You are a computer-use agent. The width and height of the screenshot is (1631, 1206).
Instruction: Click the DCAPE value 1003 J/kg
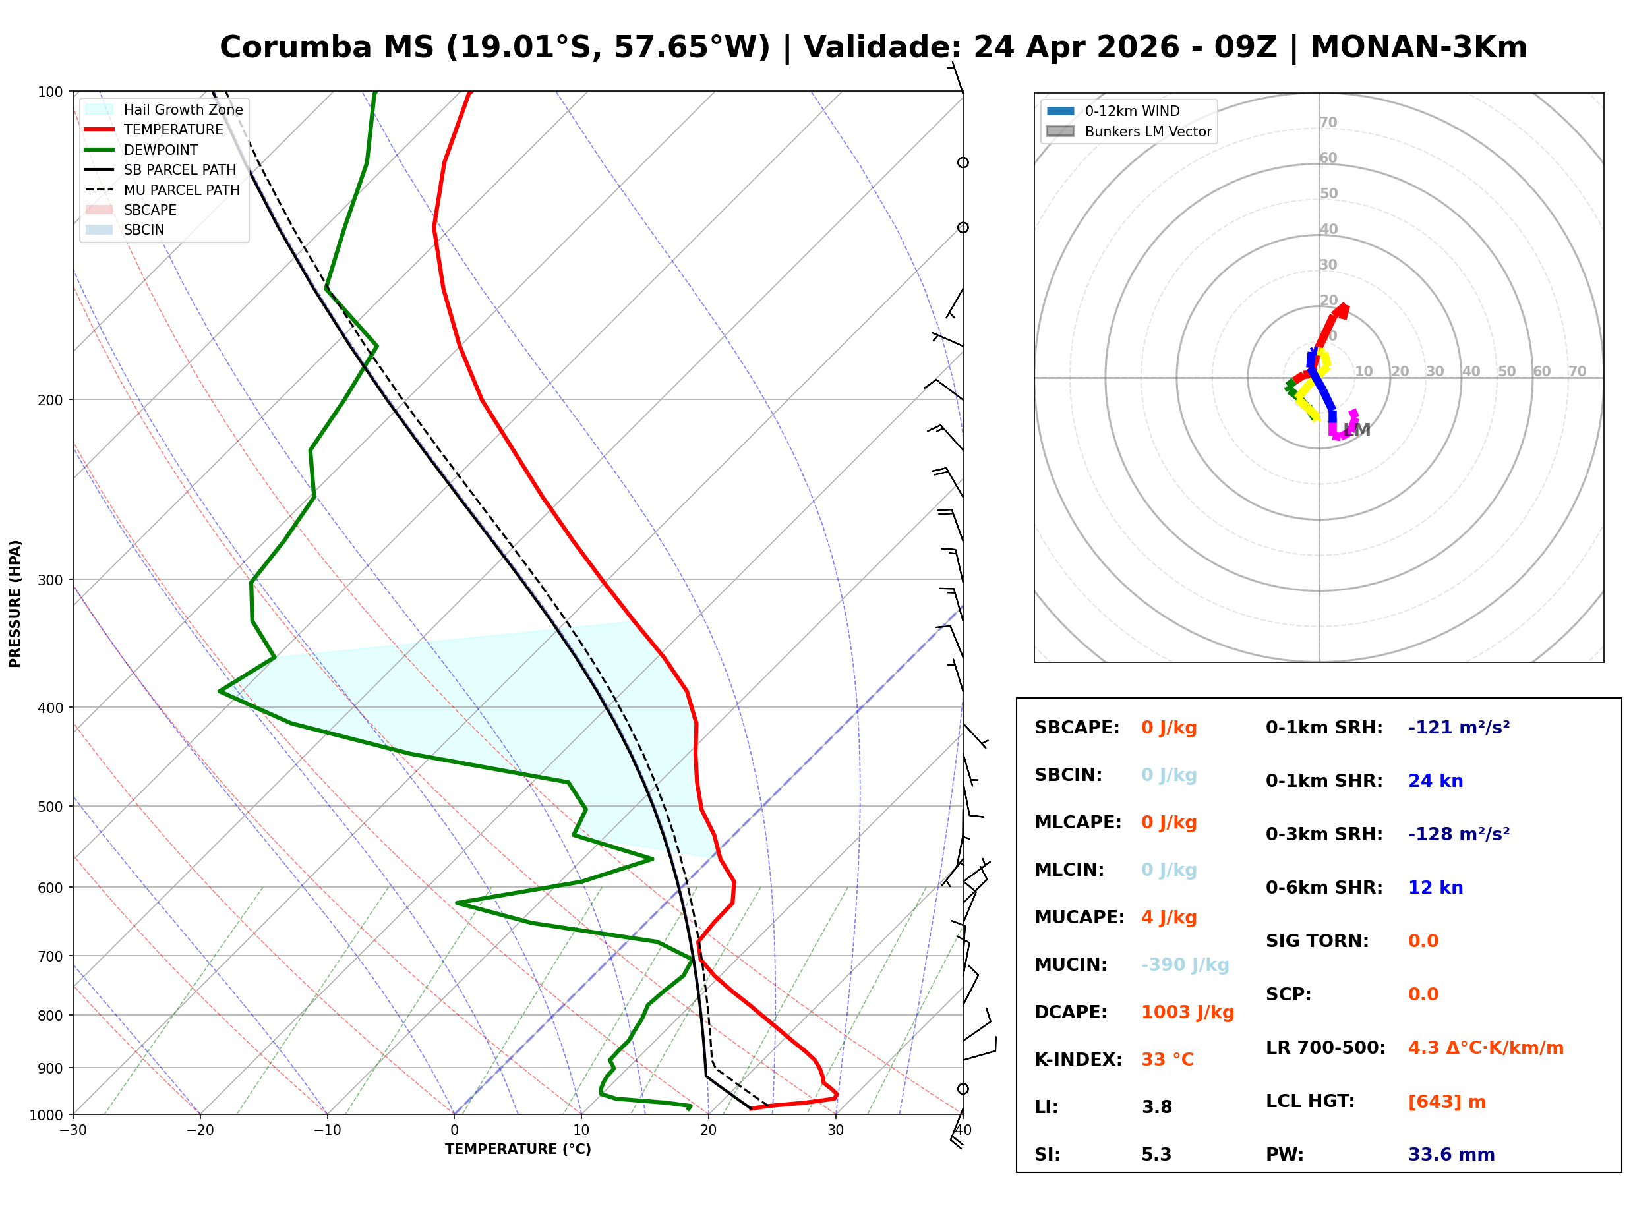pos(1187,1012)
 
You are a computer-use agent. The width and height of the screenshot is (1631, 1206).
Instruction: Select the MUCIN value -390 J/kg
pos(1184,965)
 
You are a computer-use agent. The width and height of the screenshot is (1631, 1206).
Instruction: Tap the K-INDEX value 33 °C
pos(1167,1060)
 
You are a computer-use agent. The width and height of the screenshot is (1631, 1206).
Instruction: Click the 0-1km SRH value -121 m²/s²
pos(1458,728)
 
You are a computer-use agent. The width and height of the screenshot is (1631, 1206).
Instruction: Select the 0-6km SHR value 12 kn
pos(1435,888)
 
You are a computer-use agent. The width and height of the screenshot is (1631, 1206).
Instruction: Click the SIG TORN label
pos(1317,941)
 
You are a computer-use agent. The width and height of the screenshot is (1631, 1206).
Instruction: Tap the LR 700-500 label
pos(1324,1048)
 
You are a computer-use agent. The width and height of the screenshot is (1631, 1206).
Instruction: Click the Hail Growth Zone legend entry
pos(183,109)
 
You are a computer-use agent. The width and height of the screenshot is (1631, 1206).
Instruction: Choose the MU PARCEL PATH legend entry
pos(181,190)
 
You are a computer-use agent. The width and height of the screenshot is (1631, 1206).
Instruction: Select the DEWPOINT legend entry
pos(161,150)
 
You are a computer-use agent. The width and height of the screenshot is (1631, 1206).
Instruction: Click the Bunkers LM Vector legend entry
pos(1147,131)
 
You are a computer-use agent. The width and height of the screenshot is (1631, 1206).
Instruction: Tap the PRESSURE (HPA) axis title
pos(15,604)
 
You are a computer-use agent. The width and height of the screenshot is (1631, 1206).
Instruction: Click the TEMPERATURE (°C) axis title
pos(518,1150)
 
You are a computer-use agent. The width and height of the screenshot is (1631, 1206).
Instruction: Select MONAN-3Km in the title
pos(1418,47)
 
